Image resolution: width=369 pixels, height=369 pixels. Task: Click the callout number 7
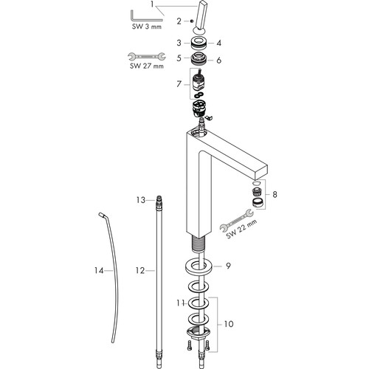[x=179, y=84]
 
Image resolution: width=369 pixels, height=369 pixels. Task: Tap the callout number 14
[x=99, y=271]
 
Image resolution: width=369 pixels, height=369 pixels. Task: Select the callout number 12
[x=140, y=271]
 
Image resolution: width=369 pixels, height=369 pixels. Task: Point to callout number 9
[x=229, y=266]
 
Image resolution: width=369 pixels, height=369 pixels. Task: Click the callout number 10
[x=229, y=324]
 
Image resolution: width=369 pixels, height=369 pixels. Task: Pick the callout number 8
[x=275, y=194]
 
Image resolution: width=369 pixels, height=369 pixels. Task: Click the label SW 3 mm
[x=147, y=27]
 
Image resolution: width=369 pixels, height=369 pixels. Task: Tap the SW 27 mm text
[x=147, y=66]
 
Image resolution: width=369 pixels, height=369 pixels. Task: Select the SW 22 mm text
[x=242, y=229]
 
